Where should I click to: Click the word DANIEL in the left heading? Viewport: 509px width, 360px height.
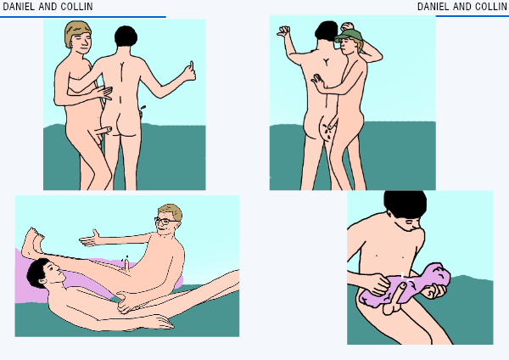(19, 7)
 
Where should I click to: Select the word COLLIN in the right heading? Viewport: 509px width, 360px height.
(491, 7)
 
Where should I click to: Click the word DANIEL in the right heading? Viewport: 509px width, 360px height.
(433, 7)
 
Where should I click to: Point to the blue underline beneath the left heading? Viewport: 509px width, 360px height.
(83, 17)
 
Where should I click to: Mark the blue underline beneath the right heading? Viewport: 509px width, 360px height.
(473, 16)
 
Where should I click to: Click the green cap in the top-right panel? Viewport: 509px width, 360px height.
(349, 36)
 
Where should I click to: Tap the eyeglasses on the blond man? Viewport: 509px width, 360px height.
(165, 222)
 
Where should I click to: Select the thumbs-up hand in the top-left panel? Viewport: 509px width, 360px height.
(189, 72)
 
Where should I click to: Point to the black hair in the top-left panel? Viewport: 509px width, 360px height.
(126, 36)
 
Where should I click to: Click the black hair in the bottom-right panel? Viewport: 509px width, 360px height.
(406, 203)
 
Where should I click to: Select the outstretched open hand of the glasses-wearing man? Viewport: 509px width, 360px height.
(89, 238)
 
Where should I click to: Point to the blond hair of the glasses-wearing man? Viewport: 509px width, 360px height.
(172, 211)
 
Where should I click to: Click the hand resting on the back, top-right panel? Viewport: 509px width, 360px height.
(319, 82)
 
